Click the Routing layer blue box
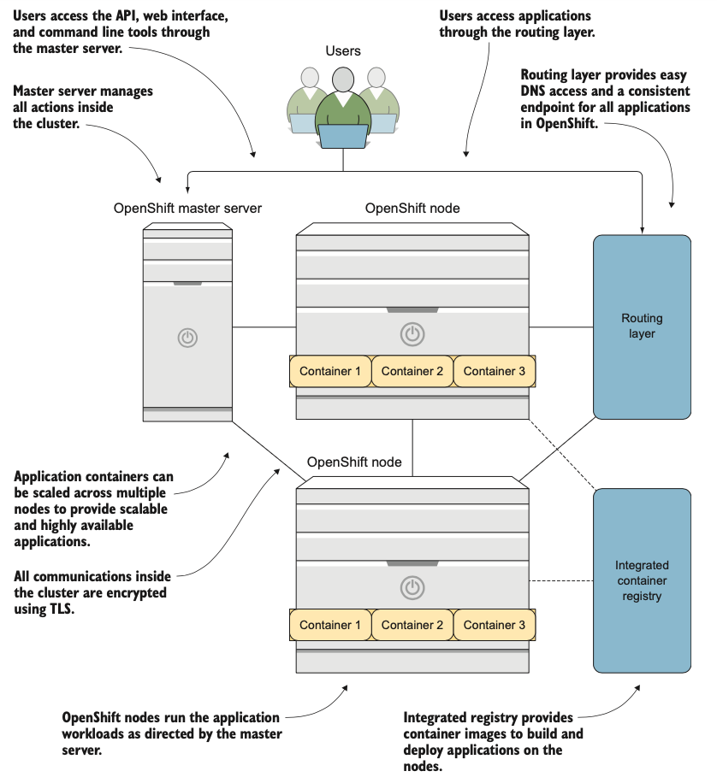(x=642, y=327)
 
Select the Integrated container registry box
(x=642, y=580)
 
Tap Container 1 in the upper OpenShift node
(x=330, y=371)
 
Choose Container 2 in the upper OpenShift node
(x=412, y=371)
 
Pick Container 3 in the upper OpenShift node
(x=495, y=371)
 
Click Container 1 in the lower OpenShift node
(x=330, y=625)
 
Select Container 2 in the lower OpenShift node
(x=412, y=625)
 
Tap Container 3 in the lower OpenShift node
(x=495, y=625)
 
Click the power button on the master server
(x=187, y=337)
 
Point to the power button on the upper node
(x=412, y=333)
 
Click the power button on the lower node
(x=412, y=587)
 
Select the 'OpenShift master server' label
(x=187, y=208)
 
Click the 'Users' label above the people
(x=343, y=51)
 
